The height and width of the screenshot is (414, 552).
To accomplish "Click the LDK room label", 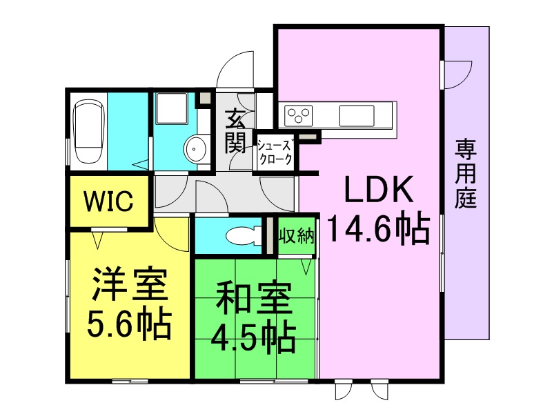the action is [x=379, y=189].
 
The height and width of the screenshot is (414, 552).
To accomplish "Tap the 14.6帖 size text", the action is [x=379, y=229].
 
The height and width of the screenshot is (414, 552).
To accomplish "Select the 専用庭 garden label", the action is [x=465, y=174].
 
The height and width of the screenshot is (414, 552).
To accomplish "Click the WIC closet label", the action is [x=108, y=201].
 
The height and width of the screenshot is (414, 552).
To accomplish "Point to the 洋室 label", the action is [x=129, y=284].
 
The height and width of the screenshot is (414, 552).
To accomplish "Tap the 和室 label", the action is [x=253, y=298].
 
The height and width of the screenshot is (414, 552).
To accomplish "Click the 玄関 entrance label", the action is [x=235, y=130].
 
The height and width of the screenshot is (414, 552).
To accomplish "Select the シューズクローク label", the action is [x=275, y=152].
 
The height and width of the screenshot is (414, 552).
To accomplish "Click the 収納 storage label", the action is [x=297, y=235].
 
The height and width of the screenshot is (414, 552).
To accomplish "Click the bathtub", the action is [x=88, y=131].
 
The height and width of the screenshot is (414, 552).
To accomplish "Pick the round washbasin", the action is [x=195, y=149].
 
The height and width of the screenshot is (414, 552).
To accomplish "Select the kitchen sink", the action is [x=356, y=115].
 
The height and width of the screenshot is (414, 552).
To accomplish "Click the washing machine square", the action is [x=171, y=108].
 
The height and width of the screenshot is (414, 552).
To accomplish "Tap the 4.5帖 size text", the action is [x=253, y=337].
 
